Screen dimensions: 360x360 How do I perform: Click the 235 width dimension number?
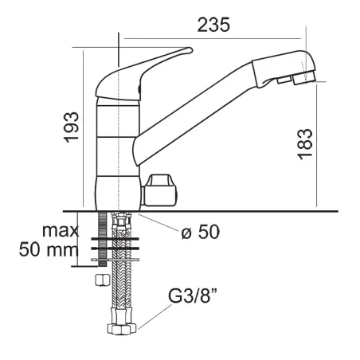coord(213,25)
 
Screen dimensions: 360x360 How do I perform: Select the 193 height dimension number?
coord(72,127)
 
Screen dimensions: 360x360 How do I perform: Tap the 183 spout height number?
coord(304,144)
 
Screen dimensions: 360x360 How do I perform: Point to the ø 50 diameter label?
coord(201,232)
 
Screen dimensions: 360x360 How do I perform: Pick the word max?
coord(61,231)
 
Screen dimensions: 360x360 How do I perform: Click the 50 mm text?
coord(49,249)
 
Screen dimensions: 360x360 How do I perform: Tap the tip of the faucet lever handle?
coord(190,50)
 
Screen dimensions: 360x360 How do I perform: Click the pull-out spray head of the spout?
coord(284,68)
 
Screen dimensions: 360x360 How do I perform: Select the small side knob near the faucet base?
coord(160,190)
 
